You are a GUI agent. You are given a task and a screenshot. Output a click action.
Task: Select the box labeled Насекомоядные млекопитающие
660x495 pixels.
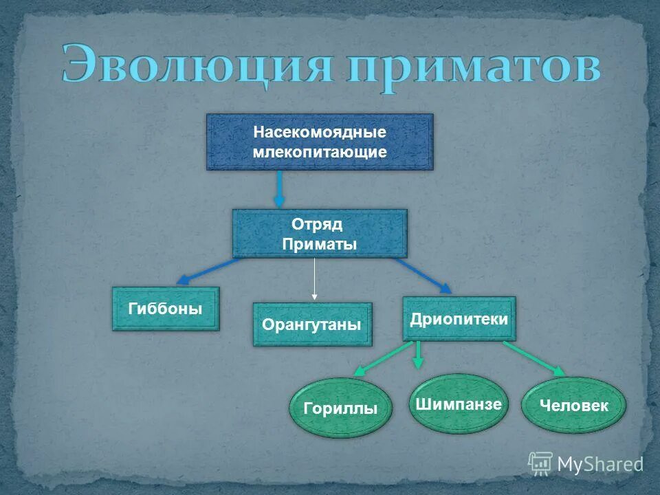click(320, 142)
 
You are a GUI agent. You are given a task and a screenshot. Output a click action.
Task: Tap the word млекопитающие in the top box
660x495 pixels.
click(320, 152)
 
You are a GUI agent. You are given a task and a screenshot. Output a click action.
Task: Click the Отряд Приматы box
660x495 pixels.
click(320, 234)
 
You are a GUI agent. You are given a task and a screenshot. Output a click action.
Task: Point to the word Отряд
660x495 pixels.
click(317, 224)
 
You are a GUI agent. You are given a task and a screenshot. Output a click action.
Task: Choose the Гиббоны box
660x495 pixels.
click(166, 309)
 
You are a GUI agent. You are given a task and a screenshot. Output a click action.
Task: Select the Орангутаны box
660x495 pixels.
click(312, 324)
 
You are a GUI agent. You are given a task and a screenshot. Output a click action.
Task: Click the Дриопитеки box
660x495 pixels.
click(459, 319)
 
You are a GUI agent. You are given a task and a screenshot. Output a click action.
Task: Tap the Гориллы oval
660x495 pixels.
click(340, 408)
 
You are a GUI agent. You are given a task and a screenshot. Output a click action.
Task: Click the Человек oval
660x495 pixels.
click(574, 406)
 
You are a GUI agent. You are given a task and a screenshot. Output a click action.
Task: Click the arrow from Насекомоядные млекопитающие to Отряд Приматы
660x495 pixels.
click(279, 189)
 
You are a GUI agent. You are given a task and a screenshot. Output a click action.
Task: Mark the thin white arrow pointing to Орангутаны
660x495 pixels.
click(314, 278)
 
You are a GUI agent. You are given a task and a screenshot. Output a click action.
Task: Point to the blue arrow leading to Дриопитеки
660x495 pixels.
click(423, 274)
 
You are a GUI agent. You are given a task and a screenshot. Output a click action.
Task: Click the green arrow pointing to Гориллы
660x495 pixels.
click(382, 358)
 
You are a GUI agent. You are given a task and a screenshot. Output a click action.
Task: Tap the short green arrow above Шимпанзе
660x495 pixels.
click(419, 354)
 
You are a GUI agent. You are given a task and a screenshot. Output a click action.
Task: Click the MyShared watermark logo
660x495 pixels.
click(585, 464)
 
